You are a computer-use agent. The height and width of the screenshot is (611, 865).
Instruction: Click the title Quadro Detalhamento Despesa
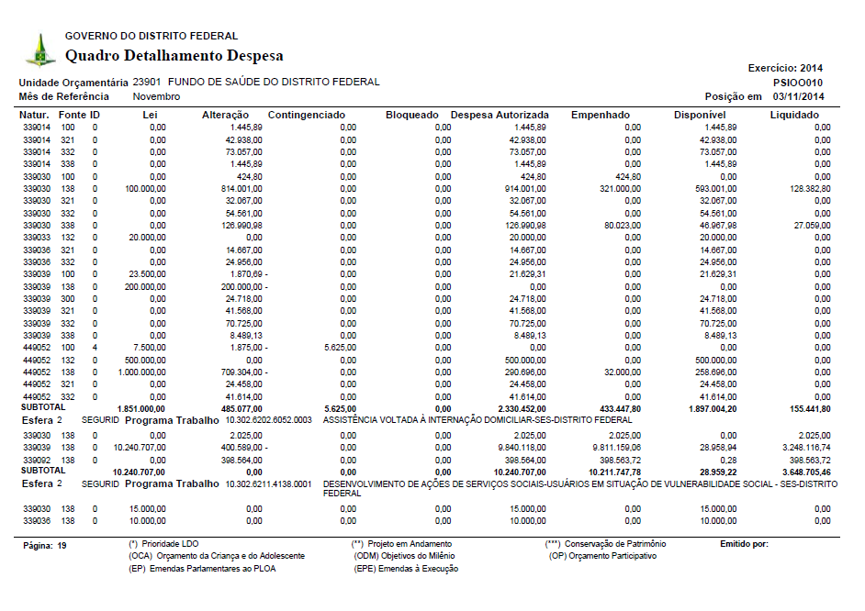(x=174, y=56)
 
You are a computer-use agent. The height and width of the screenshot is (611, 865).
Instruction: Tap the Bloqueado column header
(x=412, y=115)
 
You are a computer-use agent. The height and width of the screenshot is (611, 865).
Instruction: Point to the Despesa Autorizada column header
(x=500, y=115)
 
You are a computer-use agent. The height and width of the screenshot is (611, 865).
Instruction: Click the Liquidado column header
(x=794, y=115)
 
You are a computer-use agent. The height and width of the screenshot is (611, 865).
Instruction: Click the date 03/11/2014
(x=799, y=96)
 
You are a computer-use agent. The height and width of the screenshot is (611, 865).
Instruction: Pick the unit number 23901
(x=148, y=82)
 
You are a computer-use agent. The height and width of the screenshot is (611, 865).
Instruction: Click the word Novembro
(x=156, y=96)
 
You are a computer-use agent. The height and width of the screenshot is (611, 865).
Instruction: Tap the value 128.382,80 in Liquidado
(x=807, y=187)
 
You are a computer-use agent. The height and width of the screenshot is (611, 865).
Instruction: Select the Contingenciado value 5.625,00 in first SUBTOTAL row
(x=339, y=408)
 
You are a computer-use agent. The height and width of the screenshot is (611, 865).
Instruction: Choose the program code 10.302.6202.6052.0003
(x=269, y=419)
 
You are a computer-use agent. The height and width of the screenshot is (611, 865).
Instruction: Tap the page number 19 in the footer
(x=62, y=545)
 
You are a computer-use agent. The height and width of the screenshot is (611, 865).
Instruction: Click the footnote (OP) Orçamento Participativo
(x=602, y=556)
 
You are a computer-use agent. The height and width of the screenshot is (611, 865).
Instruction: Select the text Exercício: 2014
(x=785, y=68)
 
